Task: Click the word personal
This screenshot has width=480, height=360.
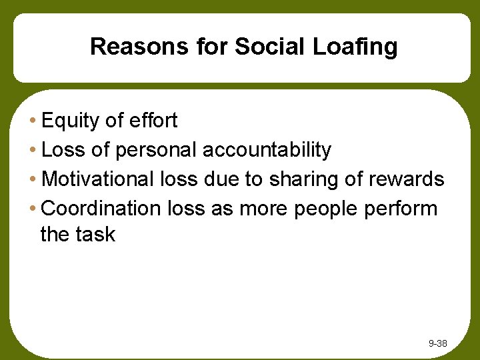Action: pyautogui.click(x=157, y=151)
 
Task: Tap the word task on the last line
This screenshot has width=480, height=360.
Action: pyautogui.click(x=97, y=235)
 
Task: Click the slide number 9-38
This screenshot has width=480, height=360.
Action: pyautogui.click(x=438, y=344)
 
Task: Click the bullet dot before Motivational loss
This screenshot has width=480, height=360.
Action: pyautogui.click(x=33, y=180)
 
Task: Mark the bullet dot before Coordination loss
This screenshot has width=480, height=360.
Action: pyautogui.click(x=33, y=209)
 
